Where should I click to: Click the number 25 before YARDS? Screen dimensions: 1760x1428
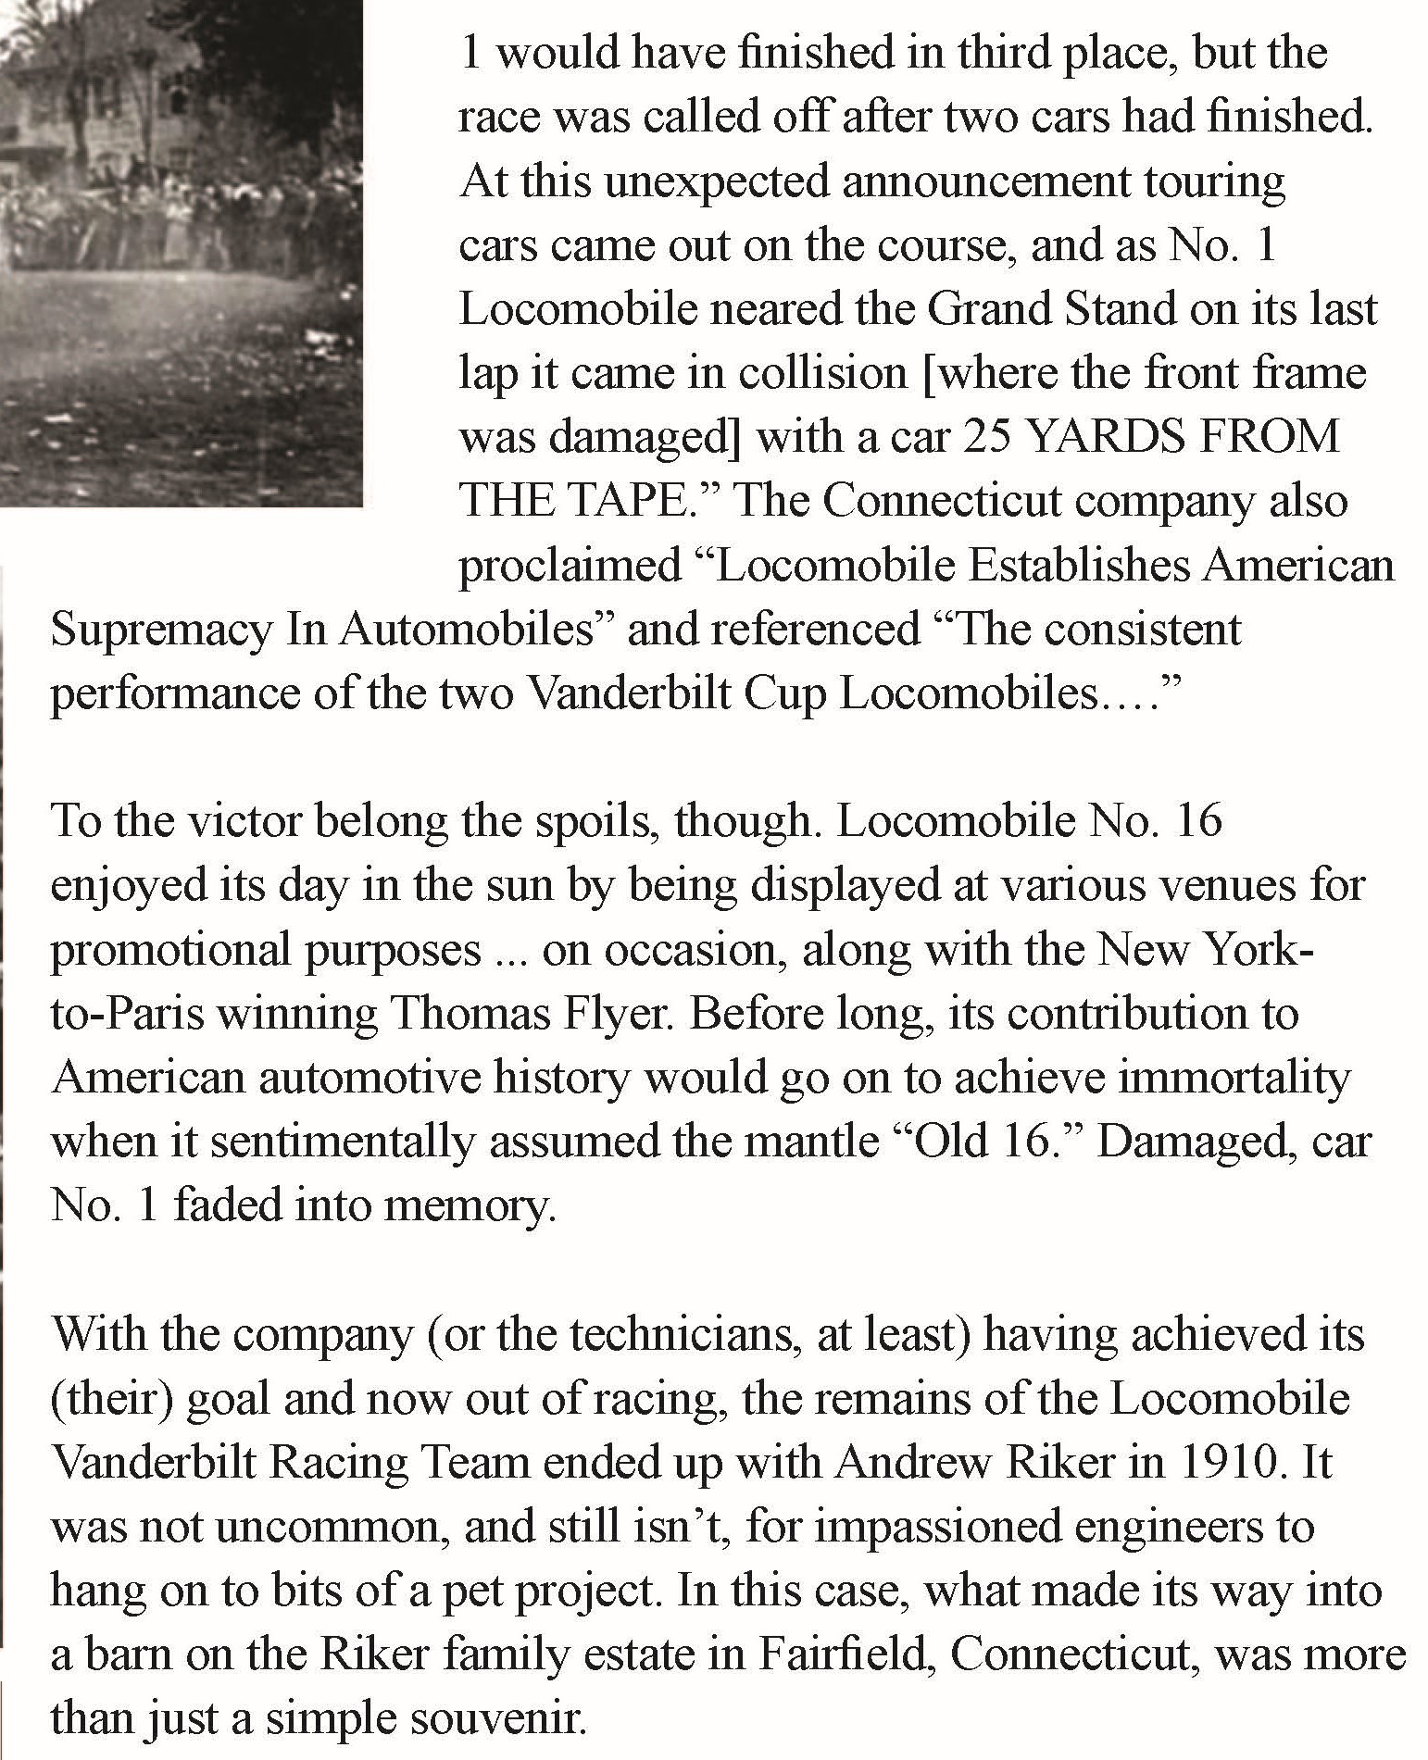(989, 436)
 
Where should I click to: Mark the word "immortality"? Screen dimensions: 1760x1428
(1244, 1079)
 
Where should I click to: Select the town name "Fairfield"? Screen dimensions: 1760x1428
(843, 1655)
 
